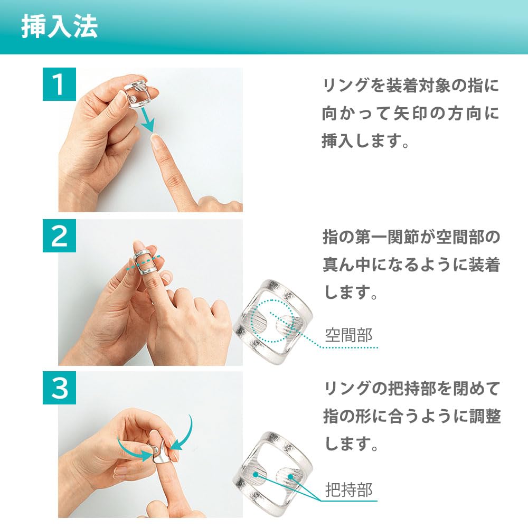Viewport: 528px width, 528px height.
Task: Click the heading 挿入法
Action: (x=59, y=28)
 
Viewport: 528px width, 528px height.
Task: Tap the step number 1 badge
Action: (x=59, y=85)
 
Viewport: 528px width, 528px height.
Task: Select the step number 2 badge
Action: (x=59, y=237)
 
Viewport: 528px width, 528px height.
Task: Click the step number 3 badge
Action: (x=59, y=389)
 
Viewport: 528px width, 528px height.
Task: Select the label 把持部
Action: (x=348, y=489)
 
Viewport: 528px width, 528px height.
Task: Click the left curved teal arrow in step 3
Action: (x=132, y=449)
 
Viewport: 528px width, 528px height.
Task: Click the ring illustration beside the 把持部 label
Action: (x=272, y=470)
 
